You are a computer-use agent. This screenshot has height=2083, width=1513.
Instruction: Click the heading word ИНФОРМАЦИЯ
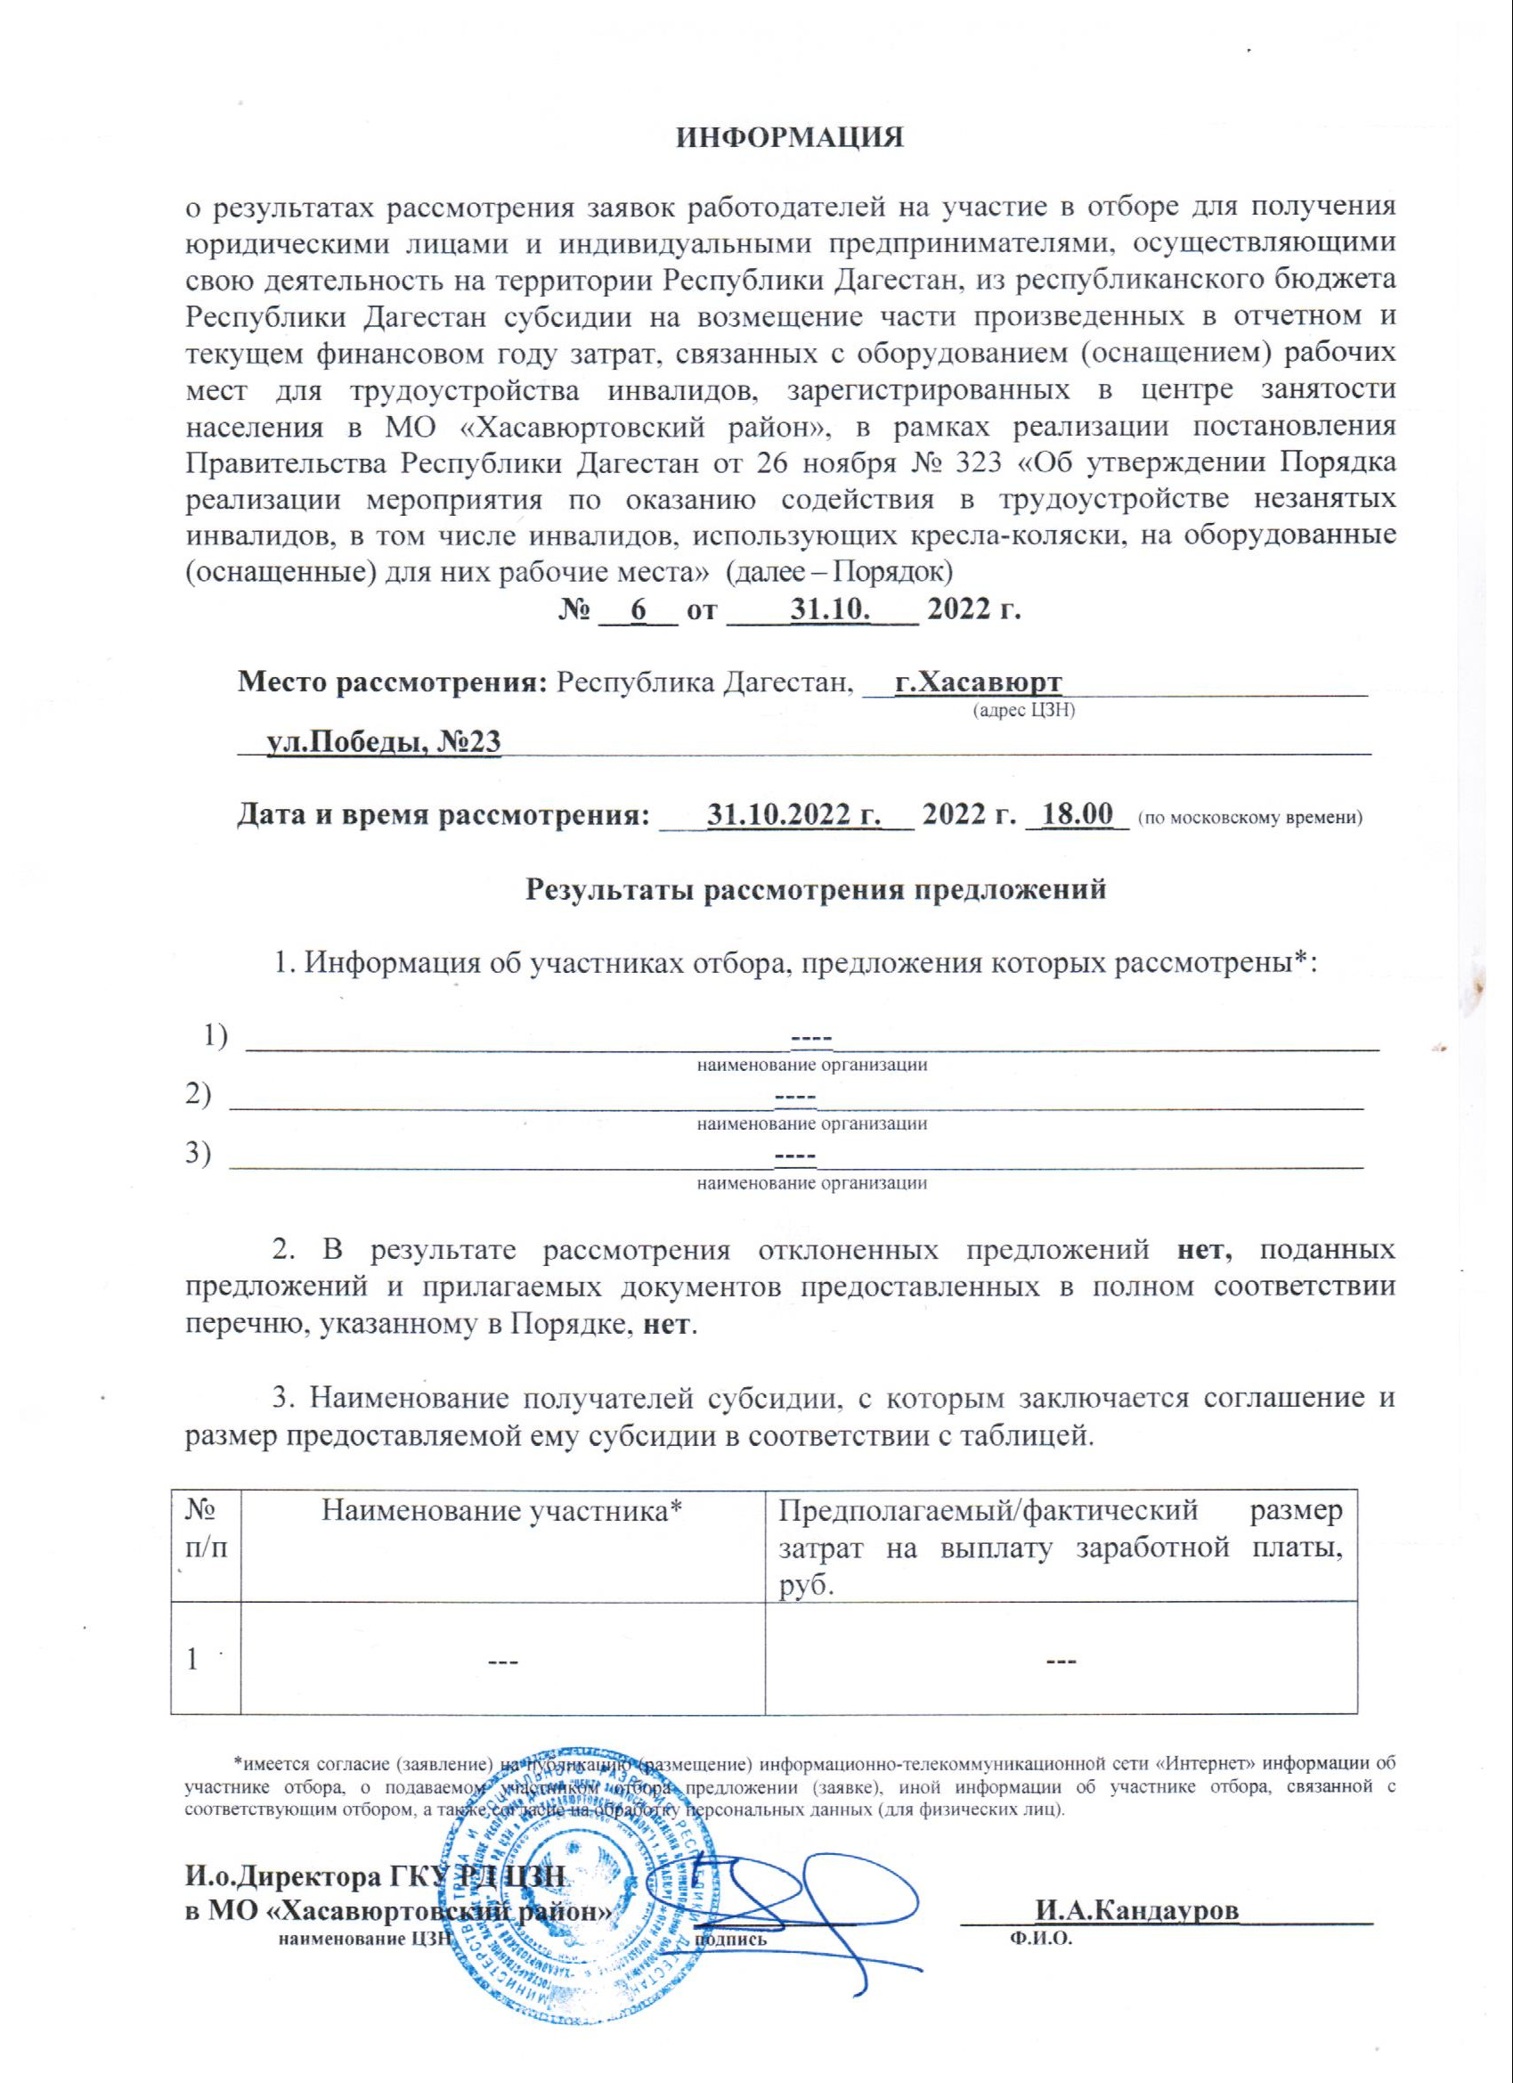point(791,138)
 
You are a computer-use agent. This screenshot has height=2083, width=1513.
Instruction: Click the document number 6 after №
point(639,608)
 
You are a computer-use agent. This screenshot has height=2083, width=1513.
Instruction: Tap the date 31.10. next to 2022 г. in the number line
point(831,608)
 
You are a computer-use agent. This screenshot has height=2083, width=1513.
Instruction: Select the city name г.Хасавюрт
point(977,682)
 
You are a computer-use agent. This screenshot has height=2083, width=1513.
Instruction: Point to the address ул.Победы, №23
point(383,741)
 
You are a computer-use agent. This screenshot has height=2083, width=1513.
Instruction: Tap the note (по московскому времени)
point(1249,817)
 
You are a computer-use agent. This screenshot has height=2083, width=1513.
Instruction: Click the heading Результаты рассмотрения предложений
point(815,889)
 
